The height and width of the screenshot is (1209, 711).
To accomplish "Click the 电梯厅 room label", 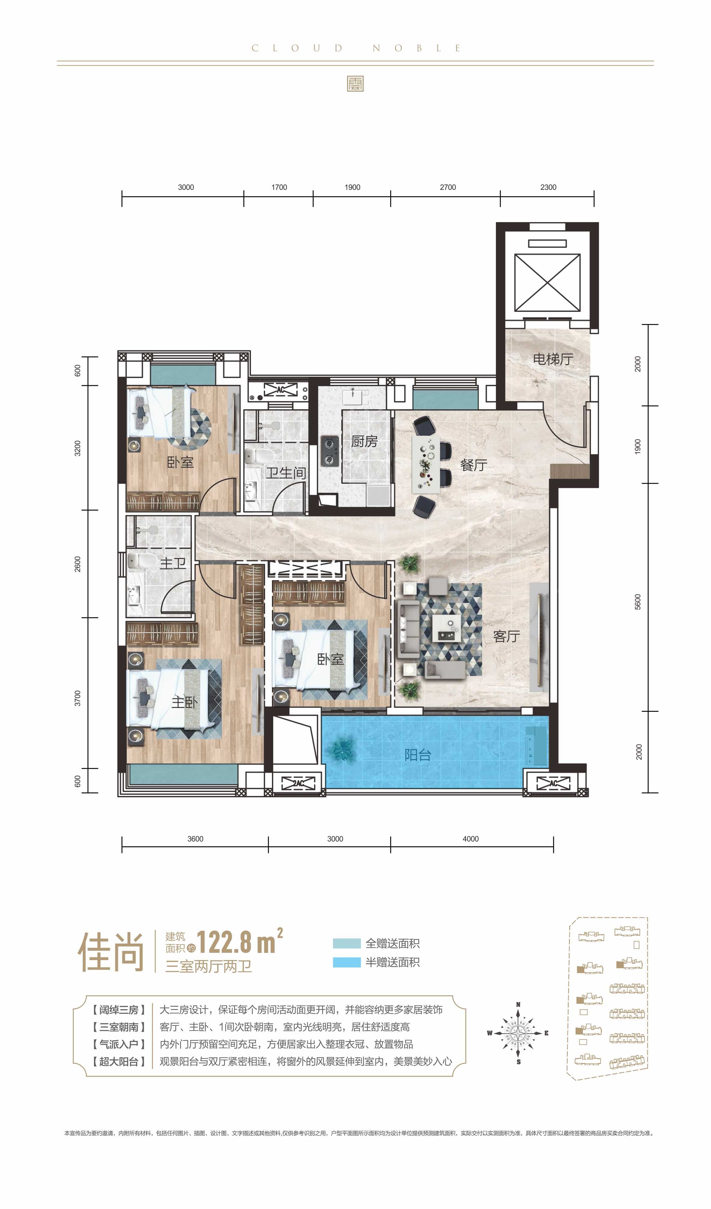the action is (553, 359).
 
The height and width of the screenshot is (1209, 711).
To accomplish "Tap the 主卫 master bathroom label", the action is (173, 563).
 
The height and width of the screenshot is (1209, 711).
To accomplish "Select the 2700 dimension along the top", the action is (448, 187).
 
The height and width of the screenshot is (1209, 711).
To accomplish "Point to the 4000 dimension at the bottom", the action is (471, 839).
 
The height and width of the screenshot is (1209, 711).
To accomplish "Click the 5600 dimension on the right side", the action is (638, 602).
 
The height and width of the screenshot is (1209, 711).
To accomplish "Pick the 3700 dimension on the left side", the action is (78, 699).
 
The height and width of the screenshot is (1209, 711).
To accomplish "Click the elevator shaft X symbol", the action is (547, 283).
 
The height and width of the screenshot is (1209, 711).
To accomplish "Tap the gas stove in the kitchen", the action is (329, 451).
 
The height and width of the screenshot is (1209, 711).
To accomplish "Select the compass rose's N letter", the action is (518, 1004).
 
